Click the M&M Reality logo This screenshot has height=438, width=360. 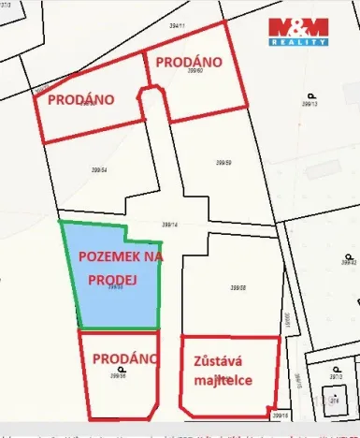(x=298, y=31)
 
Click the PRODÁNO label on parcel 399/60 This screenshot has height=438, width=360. (x=188, y=62)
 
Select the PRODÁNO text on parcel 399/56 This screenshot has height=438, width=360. (x=119, y=357)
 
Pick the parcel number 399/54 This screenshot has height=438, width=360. (x=99, y=170)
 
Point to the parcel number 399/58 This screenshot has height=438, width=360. (x=237, y=288)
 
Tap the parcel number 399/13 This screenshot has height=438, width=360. (x=310, y=105)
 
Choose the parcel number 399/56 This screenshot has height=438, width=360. (x=118, y=376)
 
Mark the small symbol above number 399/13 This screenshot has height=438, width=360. (x=309, y=95)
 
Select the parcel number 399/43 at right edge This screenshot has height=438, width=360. (x=351, y=263)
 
